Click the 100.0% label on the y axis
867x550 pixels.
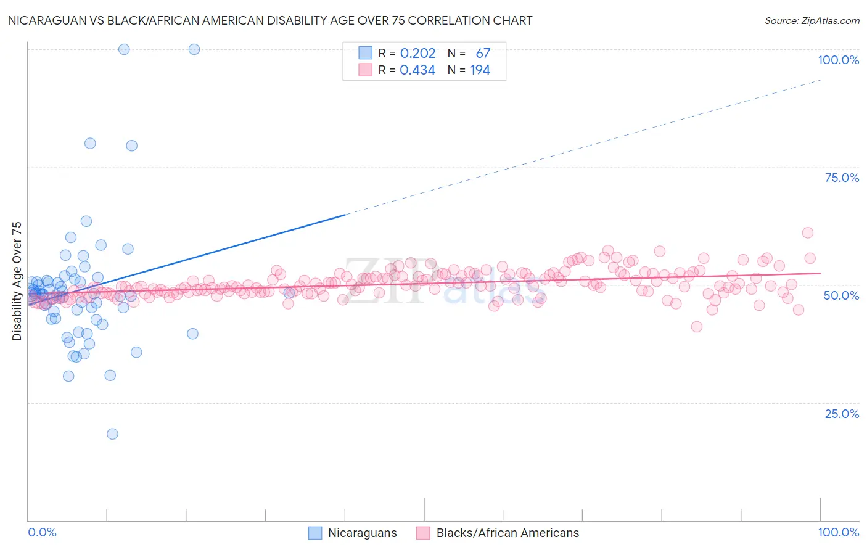(x=838, y=60)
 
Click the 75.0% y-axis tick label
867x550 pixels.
(x=842, y=178)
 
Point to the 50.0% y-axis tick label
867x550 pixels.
(x=841, y=295)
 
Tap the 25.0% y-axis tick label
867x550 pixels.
(x=842, y=414)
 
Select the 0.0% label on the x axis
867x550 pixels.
(x=43, y=533)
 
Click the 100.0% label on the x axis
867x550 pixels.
(x=838, y=533)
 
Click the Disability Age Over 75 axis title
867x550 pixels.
(x=17, y=281)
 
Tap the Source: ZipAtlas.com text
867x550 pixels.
(x=812, y=21)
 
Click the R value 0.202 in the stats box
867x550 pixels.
(x=417, y=54)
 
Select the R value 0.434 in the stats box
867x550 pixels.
(x=417, y=70)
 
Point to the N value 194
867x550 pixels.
(x=480, y=70)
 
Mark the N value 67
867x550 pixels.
(x=483, y=54)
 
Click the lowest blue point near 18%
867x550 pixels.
(x=112, y=434)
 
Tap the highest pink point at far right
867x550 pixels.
(x=808, y=232)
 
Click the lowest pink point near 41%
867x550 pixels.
(x=697, y=327)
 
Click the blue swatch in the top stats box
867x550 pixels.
(x=366, y=53)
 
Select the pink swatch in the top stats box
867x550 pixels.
(x=366, y=70)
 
